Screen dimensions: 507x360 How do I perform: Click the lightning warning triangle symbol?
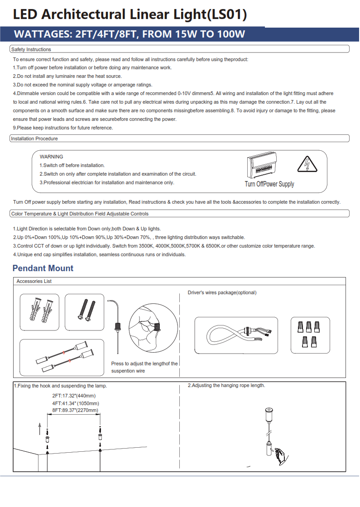coord(309,165)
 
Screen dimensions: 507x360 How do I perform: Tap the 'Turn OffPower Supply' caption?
coord(269,184)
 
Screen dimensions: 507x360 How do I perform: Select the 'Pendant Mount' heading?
coord(43,268)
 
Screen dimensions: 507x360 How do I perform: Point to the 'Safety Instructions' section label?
coord(31,49)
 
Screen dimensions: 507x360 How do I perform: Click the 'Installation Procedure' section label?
coord(34,139)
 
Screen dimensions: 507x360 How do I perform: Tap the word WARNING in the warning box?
coord(52,157)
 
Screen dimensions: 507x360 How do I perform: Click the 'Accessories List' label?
coord(34,281)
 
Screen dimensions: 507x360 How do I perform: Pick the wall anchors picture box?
coord(39,312)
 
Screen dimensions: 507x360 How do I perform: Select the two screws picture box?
coord(84,312)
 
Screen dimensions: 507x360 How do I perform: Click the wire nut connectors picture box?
coord(310,335)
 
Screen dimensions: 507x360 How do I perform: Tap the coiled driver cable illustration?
coord(236,335)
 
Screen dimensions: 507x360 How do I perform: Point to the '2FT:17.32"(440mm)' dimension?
coord(74,396)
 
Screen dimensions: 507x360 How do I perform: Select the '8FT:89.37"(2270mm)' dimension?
coord(75,410)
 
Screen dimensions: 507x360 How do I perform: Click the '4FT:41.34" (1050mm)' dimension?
coord(76,403)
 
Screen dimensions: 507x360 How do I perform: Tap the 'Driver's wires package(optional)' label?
coord(222,292)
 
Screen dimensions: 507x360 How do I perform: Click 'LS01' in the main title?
coord(226,14)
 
